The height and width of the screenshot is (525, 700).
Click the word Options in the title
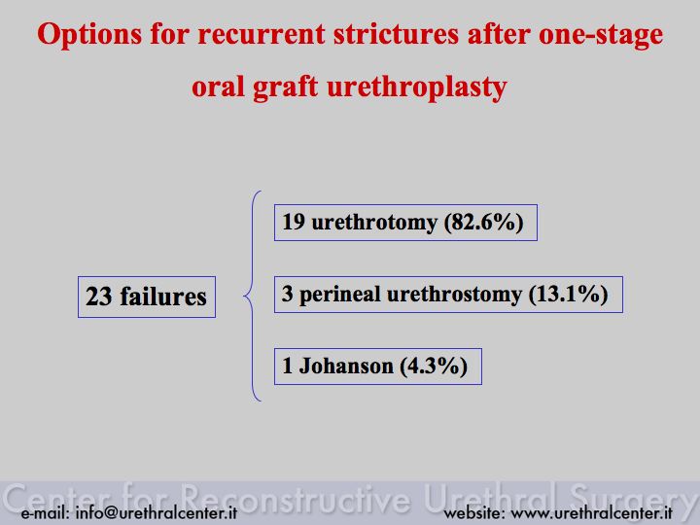[89, 35]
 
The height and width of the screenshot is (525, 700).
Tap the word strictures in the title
[396, 35]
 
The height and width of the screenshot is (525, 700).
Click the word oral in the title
[218, 87]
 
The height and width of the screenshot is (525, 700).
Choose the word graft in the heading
[285, 87]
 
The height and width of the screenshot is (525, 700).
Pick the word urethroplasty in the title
[417, 87]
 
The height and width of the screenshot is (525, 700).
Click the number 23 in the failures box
[98, 297]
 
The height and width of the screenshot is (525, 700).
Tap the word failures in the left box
[163, 297]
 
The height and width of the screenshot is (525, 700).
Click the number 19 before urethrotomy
[294, 222]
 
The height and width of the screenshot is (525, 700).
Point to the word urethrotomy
[374, 223]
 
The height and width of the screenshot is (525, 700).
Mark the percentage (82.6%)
[483, 223]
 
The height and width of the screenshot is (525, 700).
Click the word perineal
[339, 295]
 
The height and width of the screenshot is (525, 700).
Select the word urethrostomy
[454, 295]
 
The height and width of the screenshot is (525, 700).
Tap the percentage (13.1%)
[569, 295]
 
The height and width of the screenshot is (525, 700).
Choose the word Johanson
[346, 367]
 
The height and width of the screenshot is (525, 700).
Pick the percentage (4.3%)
[434, 367]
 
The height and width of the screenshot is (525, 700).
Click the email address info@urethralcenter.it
[157, 512]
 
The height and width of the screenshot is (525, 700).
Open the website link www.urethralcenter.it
[591, 512]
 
